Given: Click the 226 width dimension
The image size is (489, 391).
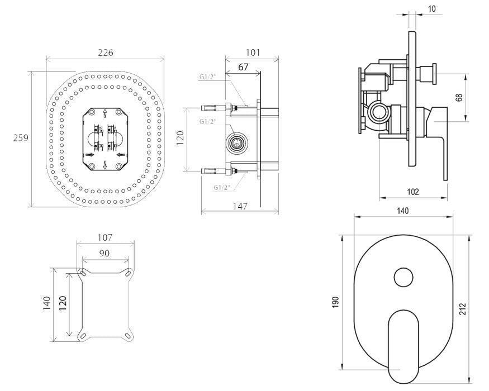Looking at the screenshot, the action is (106, 53).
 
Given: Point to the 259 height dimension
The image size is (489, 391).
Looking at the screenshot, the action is (21, 137).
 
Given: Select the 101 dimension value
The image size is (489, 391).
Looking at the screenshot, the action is (253, 53).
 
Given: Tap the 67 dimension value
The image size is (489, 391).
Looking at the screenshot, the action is (243, 67).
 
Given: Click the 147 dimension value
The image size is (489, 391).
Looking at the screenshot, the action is (240, 207).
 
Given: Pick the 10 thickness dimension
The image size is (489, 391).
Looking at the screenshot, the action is (431, 9).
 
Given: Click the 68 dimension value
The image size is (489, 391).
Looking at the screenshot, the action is (459, 98).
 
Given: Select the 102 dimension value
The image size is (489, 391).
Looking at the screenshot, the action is (413, 192).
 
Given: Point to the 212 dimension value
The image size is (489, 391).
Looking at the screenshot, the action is (463, 309).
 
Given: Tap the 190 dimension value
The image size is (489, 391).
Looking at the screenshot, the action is (335, 302).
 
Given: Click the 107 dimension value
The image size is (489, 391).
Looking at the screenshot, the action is (105, 237).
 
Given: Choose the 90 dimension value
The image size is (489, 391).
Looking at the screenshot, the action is (105, 253).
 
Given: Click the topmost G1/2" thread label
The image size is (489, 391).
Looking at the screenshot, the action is (208, 77).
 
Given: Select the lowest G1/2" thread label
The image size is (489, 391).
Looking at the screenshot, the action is (222, 188).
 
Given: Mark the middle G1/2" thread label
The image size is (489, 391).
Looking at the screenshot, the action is (208, 121).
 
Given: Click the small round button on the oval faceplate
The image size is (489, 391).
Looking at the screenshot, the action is (403, 277).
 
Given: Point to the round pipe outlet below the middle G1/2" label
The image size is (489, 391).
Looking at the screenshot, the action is (237, 143).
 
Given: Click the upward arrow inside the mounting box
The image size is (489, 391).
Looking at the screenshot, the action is (105, 113).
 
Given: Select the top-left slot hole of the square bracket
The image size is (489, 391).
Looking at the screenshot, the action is (83, 273).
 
